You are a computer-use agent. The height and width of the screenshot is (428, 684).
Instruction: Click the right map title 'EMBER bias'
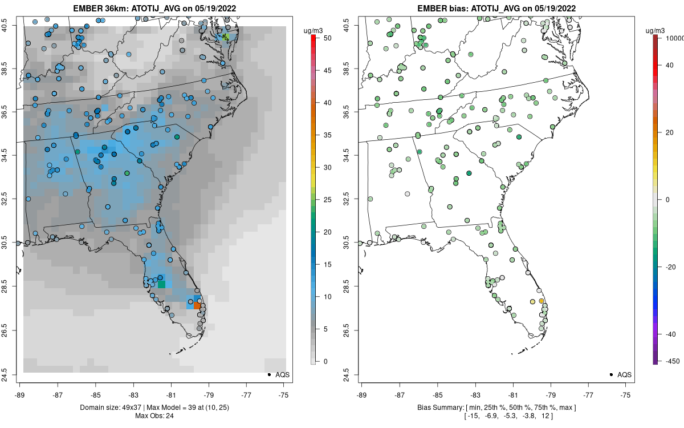point(446,9)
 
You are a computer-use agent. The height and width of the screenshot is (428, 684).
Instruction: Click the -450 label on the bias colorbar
point(671,361)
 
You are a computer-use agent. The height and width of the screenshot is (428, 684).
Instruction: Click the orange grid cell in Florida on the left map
point(197,306)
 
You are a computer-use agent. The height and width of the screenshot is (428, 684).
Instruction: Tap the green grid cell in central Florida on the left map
point(161,284)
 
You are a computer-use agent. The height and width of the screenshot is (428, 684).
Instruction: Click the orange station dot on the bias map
point(541,301)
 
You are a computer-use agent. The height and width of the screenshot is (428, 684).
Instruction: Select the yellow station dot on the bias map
point(532,301)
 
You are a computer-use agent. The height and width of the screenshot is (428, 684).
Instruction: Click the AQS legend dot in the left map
point(268,374)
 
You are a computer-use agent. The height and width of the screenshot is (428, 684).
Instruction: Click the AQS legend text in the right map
point(624,375)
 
